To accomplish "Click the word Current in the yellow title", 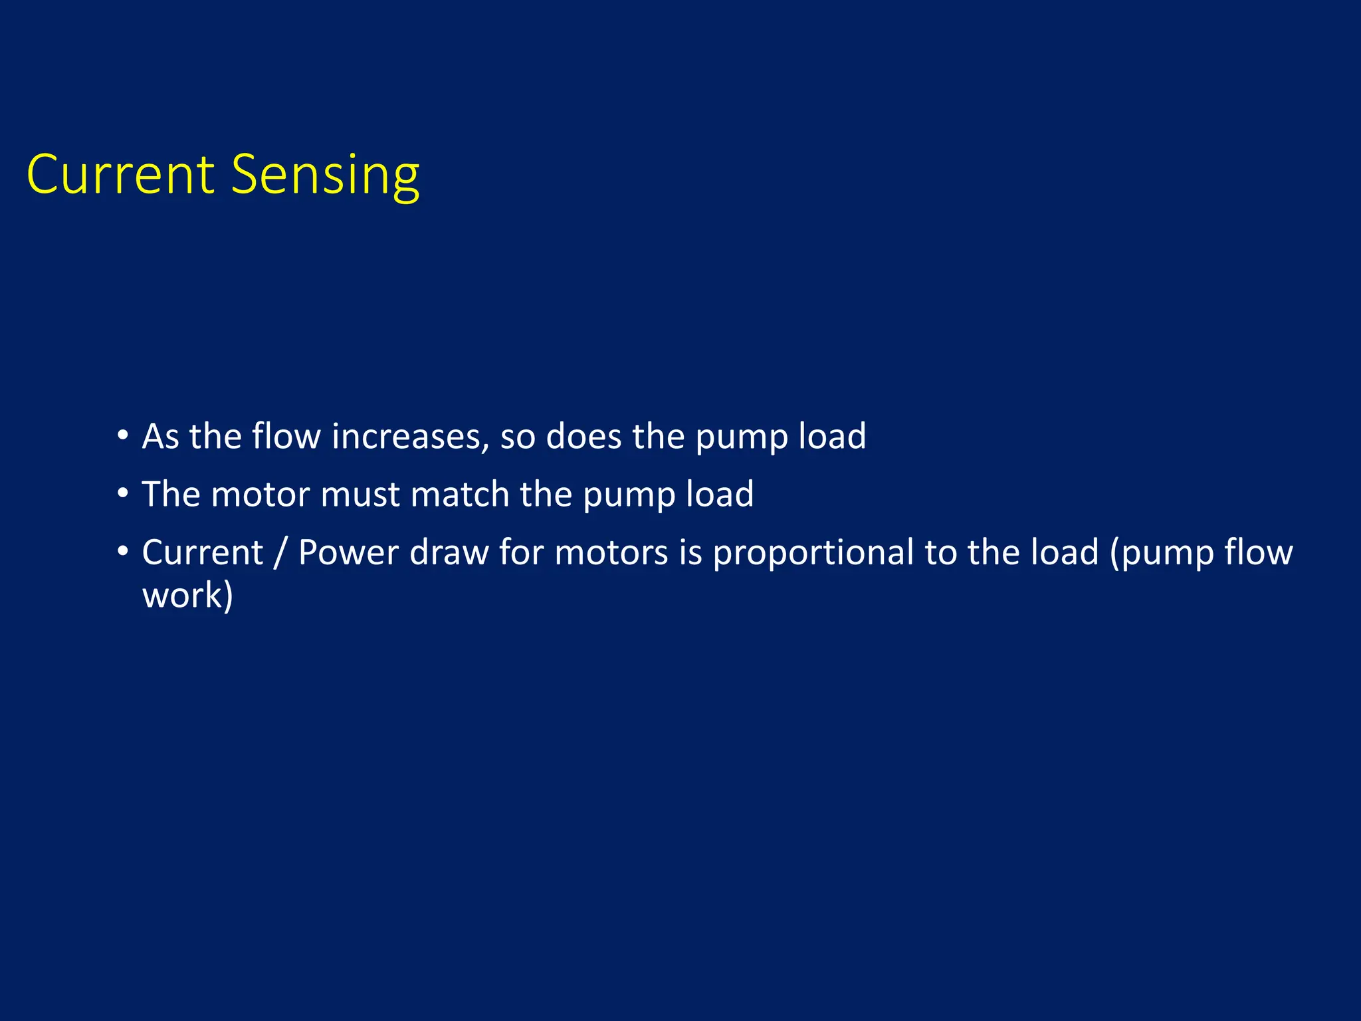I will coord(120,174).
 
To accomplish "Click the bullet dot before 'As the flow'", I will coord(122,435).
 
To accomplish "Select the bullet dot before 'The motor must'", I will coord(122,493).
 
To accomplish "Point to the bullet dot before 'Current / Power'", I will coord(122,551).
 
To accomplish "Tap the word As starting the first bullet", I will coord(160,437).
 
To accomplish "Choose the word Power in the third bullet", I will coord(348,552).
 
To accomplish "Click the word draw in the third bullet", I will coord(449,552).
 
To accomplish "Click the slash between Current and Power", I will coord(280,553).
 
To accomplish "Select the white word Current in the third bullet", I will coord(203,552).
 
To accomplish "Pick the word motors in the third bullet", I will coord(611,552).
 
